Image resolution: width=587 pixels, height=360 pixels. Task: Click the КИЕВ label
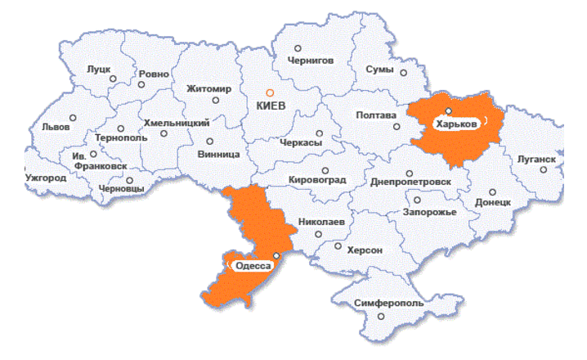tap(271, 106)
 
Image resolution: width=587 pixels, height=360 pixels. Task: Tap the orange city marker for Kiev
tap(271, 92)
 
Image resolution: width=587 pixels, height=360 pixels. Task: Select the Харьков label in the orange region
tap(456, 124)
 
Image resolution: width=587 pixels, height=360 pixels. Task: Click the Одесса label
tap(253, 266)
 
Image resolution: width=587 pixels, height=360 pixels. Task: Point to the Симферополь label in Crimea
tap(389, 303)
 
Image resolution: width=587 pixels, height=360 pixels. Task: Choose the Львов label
tap(56, 127)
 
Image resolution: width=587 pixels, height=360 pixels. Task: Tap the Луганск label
tap(536, 158)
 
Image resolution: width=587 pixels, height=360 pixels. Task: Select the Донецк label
tap(493, 201)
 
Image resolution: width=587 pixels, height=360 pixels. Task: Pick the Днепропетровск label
tap(410, 181)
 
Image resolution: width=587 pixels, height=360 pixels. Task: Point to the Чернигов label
tap(311, 61)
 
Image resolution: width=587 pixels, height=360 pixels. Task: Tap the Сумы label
tap(380, 70)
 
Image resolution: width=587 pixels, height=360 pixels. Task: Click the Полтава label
tap(376, 115)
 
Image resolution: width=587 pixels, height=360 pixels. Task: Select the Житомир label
tap(209, 88)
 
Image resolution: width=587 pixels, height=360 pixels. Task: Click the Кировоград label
tap(318, 179)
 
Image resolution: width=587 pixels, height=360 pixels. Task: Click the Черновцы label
tap(120, 188)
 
